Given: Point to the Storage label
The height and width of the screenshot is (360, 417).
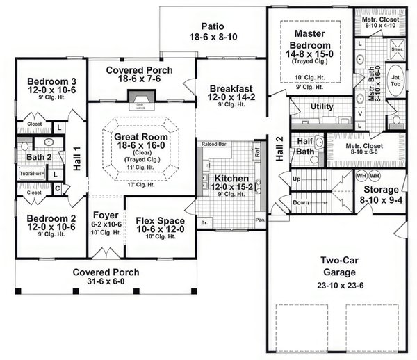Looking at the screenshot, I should (381, 190).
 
